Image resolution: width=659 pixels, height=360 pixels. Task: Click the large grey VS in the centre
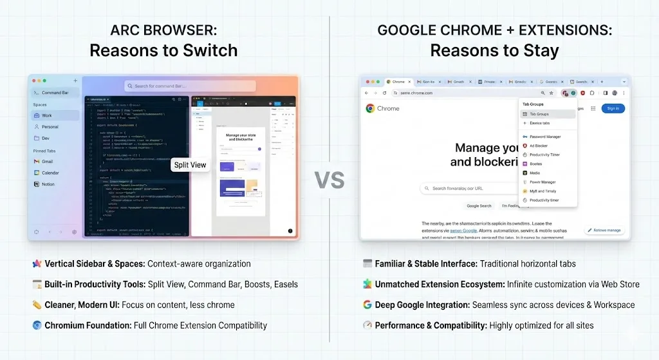(329, 179)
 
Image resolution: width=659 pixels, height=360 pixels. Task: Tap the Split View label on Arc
(190, 165)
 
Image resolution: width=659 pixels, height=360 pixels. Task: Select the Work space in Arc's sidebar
(47, 116)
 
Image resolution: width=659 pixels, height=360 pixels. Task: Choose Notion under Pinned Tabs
(48, 184)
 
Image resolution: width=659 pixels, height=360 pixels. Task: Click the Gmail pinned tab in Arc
(47, 162)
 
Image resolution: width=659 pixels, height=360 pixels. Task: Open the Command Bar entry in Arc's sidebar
(55, 93)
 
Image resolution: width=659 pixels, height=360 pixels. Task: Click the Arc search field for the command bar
(190, 86)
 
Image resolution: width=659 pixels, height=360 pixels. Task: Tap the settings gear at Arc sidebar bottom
(75, 232)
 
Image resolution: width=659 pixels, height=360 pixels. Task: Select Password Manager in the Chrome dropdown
(544, 137)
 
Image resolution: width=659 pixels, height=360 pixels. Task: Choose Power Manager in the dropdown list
(542, 182)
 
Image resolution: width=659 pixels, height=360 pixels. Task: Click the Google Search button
(479, 206)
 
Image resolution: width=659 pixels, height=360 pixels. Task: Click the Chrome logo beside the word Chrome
(370, 109)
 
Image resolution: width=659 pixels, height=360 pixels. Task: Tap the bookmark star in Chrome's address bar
(551, 93)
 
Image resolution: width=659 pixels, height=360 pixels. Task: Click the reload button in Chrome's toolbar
(384, 93)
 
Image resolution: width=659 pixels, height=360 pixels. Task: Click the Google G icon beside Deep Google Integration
(367, 305)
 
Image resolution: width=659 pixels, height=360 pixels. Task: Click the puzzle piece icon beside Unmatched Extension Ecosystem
(367, 284)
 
